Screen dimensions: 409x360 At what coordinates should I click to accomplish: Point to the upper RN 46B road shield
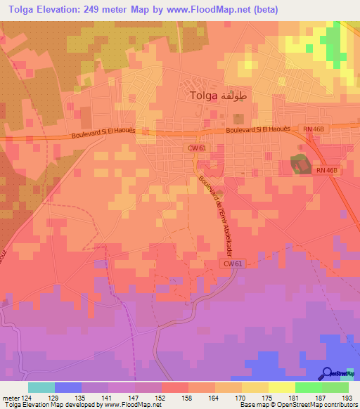click(314, 129)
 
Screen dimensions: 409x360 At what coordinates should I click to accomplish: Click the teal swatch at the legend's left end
click(41, 388)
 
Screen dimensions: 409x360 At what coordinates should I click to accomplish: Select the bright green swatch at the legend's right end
click(335, 388)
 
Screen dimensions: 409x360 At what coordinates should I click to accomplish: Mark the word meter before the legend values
click(11, 398)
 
